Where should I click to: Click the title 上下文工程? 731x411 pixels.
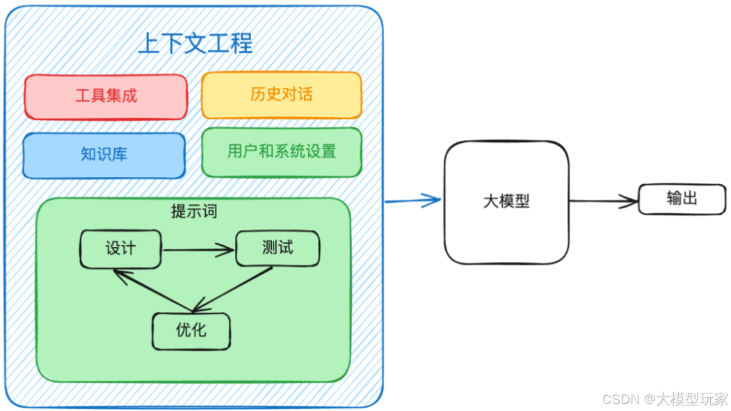point(195,43)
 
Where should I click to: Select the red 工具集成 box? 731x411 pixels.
point(106,96)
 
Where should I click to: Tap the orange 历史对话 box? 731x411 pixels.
point(282,95)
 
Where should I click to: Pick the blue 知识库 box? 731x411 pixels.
point(104,155)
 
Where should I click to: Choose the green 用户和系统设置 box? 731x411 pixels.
point(282,151)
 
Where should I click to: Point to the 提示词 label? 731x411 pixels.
point(194,211)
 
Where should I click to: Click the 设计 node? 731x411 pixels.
point(120,249)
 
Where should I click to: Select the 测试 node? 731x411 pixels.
point(278,249)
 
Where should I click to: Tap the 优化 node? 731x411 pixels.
point(191,330)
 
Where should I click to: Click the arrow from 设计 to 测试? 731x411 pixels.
point(198,249)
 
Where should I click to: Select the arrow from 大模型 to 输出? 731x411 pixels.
point(602,201)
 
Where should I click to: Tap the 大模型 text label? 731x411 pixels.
point(506,201)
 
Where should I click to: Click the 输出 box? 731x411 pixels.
point(682,199)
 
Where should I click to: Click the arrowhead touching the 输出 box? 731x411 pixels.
point(630,202)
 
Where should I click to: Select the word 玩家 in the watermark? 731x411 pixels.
point(714,399)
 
